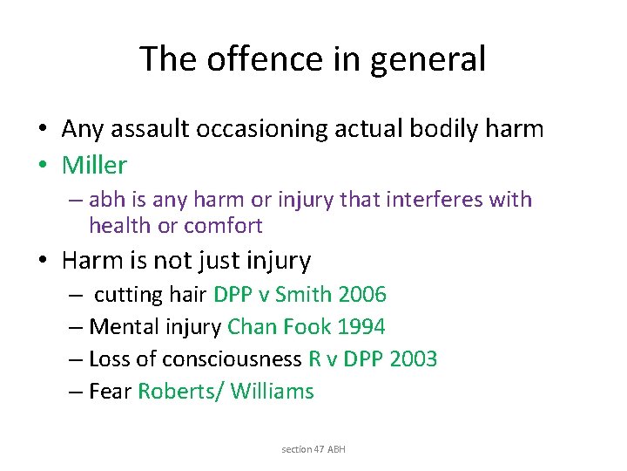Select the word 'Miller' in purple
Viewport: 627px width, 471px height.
click(94, 164)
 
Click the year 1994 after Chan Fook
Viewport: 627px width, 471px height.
click(361, 327)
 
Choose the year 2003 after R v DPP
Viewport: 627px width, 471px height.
click(412, 359)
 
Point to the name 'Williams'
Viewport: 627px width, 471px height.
click(272, 392)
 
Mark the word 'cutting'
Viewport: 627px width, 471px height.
click(128, 295)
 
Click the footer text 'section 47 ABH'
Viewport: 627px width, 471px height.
click(313, 449)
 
